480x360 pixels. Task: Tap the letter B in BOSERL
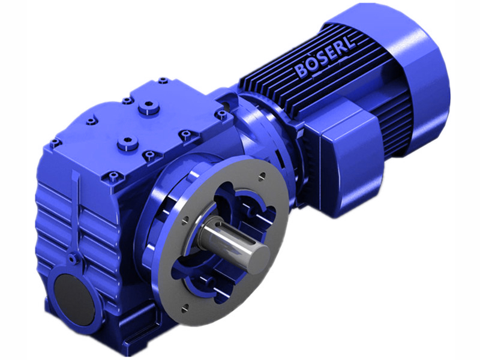pos(301,71)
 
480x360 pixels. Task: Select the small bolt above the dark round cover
pos(73,259)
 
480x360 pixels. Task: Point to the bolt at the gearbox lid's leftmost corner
pos(55,142)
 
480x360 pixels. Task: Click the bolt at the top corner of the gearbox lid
pos(163,80)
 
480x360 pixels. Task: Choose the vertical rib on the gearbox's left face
pos(76,210)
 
